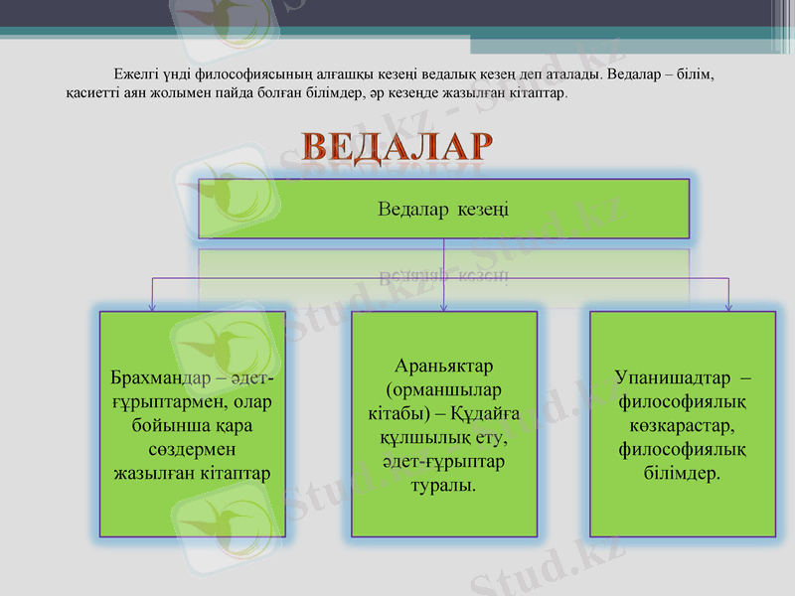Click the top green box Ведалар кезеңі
(x=443, y=209)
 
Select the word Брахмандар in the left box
(x=155, y=378)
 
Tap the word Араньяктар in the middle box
(x=443, y=367)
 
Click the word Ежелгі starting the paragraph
(x=136, y=74)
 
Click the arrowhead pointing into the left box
(x=152, y=306)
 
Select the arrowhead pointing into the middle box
(x=443, y=306)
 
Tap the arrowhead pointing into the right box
(x=729, y=306)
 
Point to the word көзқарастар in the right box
(x=682, y=426)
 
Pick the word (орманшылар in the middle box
(x=443, y=390)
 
